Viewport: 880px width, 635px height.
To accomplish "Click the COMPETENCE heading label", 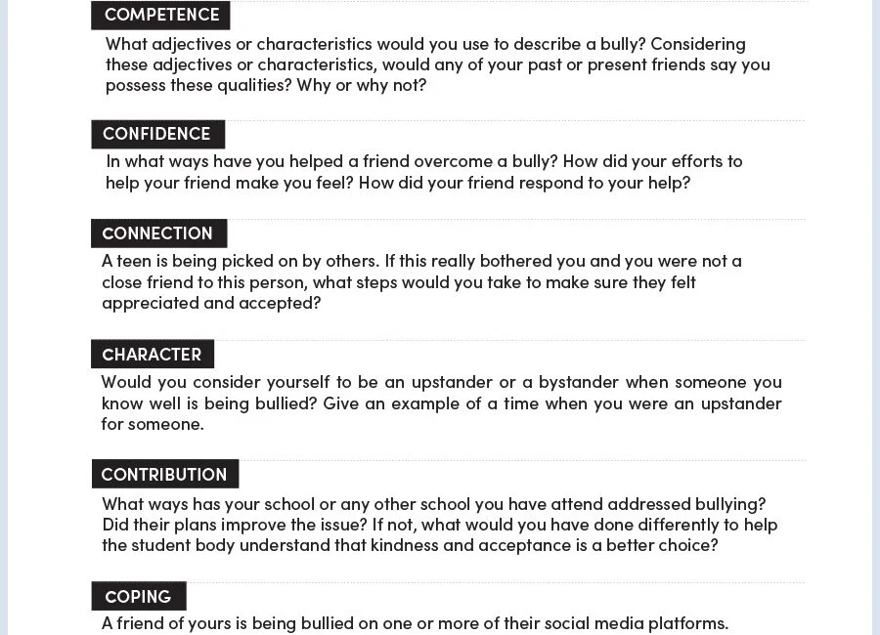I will click(x=161, y=15).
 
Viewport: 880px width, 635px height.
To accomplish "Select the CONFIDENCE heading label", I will click(x=156, y=134).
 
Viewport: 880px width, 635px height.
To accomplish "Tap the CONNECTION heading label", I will click(x=157, y=233).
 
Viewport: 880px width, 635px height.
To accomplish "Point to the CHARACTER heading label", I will click(x=152, y=355).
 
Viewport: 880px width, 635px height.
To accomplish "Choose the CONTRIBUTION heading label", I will click(x=164, y=475).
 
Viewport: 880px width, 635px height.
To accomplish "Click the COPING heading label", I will click(x=138, y=597).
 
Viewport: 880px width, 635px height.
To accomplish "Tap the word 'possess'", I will click(x=136, y=85).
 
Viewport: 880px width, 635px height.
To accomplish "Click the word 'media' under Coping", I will click(x=614, y=623).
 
